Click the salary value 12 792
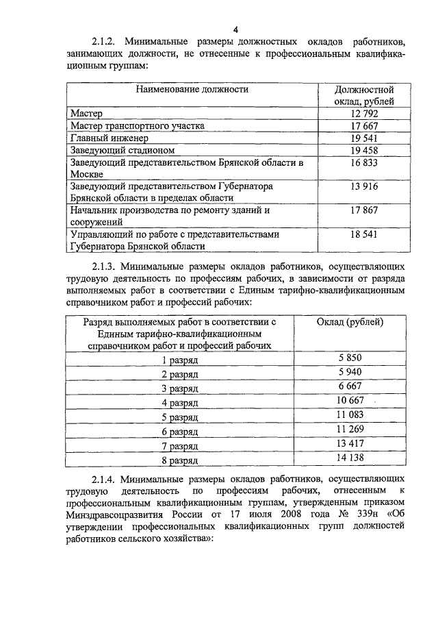[x=363, y=114]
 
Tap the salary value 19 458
[x=363, y=150]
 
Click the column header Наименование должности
[x=192, y=89]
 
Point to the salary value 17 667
[x=363, y=126]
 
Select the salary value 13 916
[x=363, y=186]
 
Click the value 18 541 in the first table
[x=363, y=234]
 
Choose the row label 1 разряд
[x=180, y=359]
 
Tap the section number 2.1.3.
[x=106, y=264]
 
